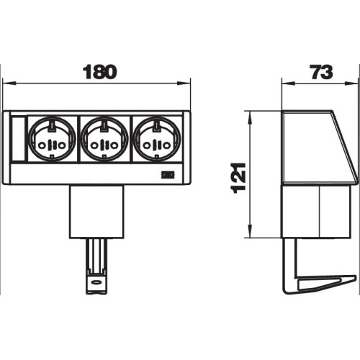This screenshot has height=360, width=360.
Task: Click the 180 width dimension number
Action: [x=99, y=72]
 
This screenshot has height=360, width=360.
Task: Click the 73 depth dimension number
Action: [x=321, y=72]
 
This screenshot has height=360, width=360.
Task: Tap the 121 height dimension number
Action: [x=238, y=178]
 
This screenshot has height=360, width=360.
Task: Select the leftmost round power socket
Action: [x=52, y=139]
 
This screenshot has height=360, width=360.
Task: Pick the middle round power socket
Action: [x=104, y=139]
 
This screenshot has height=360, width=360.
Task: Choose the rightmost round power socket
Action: [x=157, y=139]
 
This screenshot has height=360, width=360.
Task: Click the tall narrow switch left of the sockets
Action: [x=18, y=139]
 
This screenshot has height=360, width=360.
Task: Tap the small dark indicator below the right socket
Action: [x=168, y=175]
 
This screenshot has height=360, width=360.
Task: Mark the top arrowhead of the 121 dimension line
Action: [x=250, y=118]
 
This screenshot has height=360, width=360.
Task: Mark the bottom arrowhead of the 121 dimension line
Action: [x=250, y=231]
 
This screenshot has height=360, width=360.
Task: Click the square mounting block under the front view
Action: [x=96, y=212]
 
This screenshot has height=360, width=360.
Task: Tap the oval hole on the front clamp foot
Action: [x=96, y=282]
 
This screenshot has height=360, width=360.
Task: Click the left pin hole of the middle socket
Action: [x=95, y=145]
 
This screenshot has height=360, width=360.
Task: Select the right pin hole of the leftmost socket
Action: [x=62, y=145]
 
